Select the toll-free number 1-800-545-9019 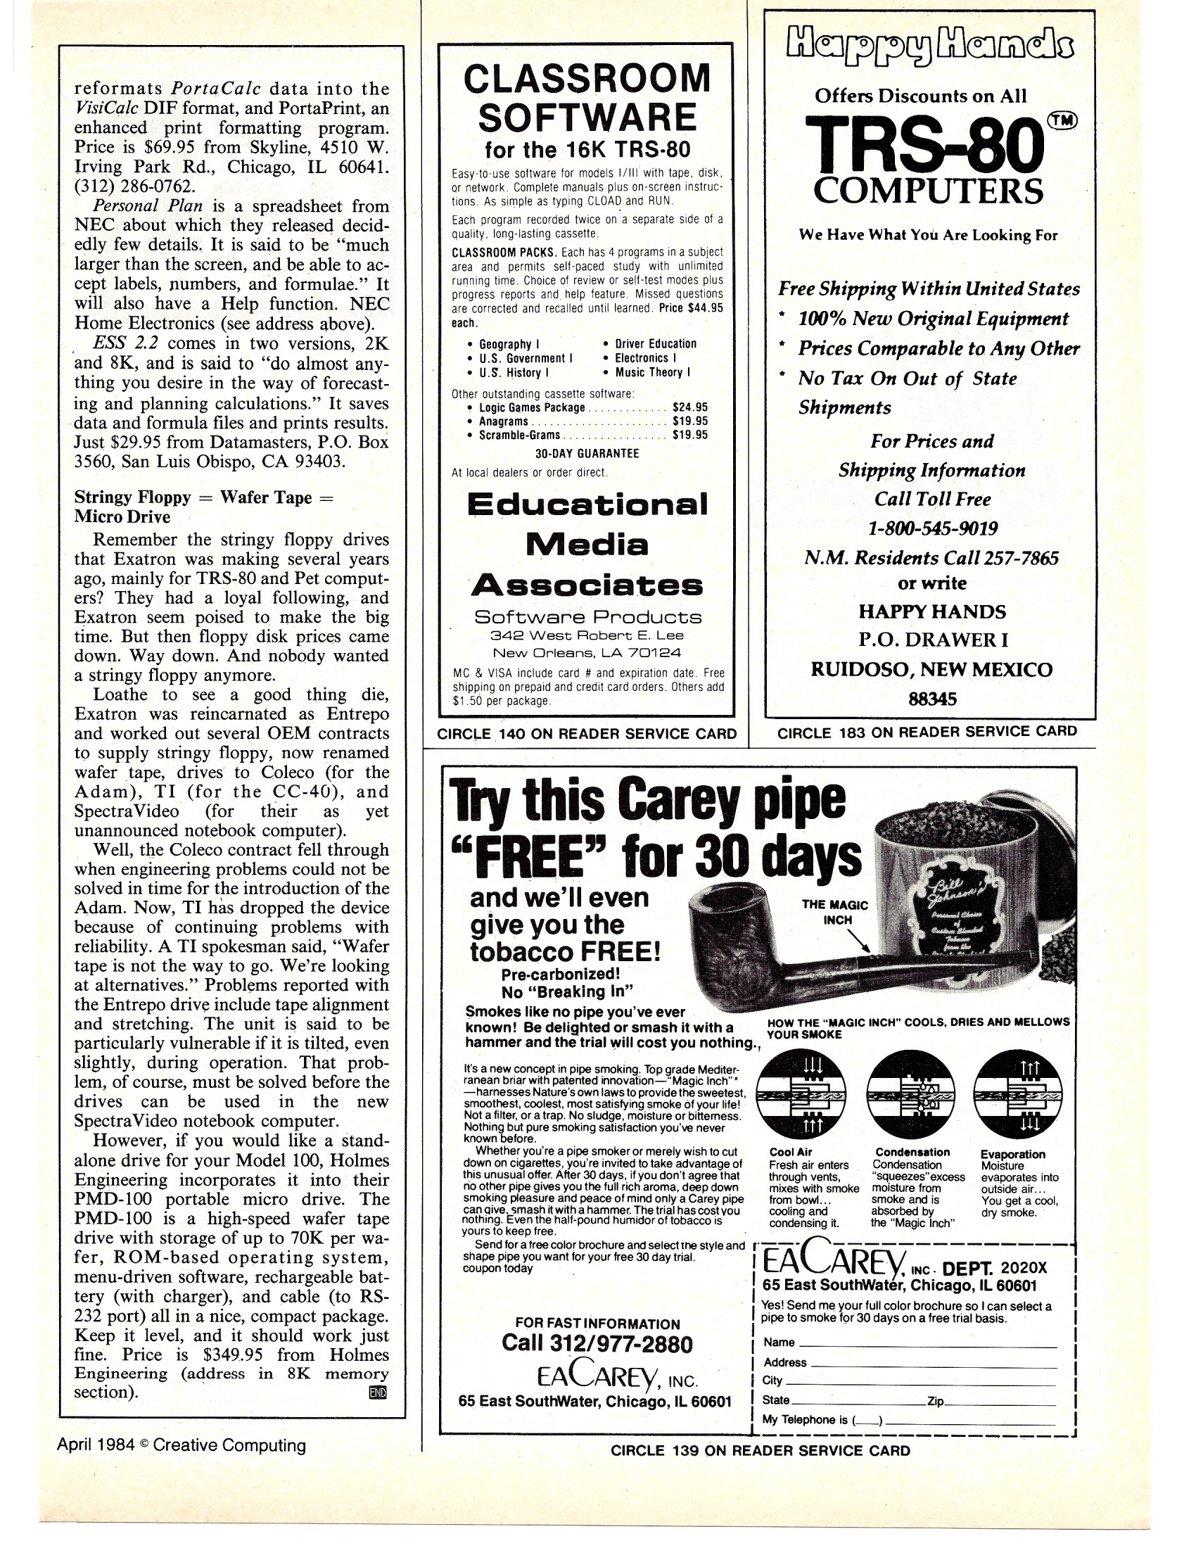[932, 528]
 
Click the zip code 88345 [932, 699]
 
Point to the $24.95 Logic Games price [689, 407]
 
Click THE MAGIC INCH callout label [834, 911]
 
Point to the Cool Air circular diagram [800, 1095]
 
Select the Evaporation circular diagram [1018, 1095]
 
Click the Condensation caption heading [912, 1153]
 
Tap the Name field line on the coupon [927, 1341]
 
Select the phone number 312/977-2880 [597, 1343]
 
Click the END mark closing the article [378, 1392]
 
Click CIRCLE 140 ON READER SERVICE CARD [587, 734]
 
